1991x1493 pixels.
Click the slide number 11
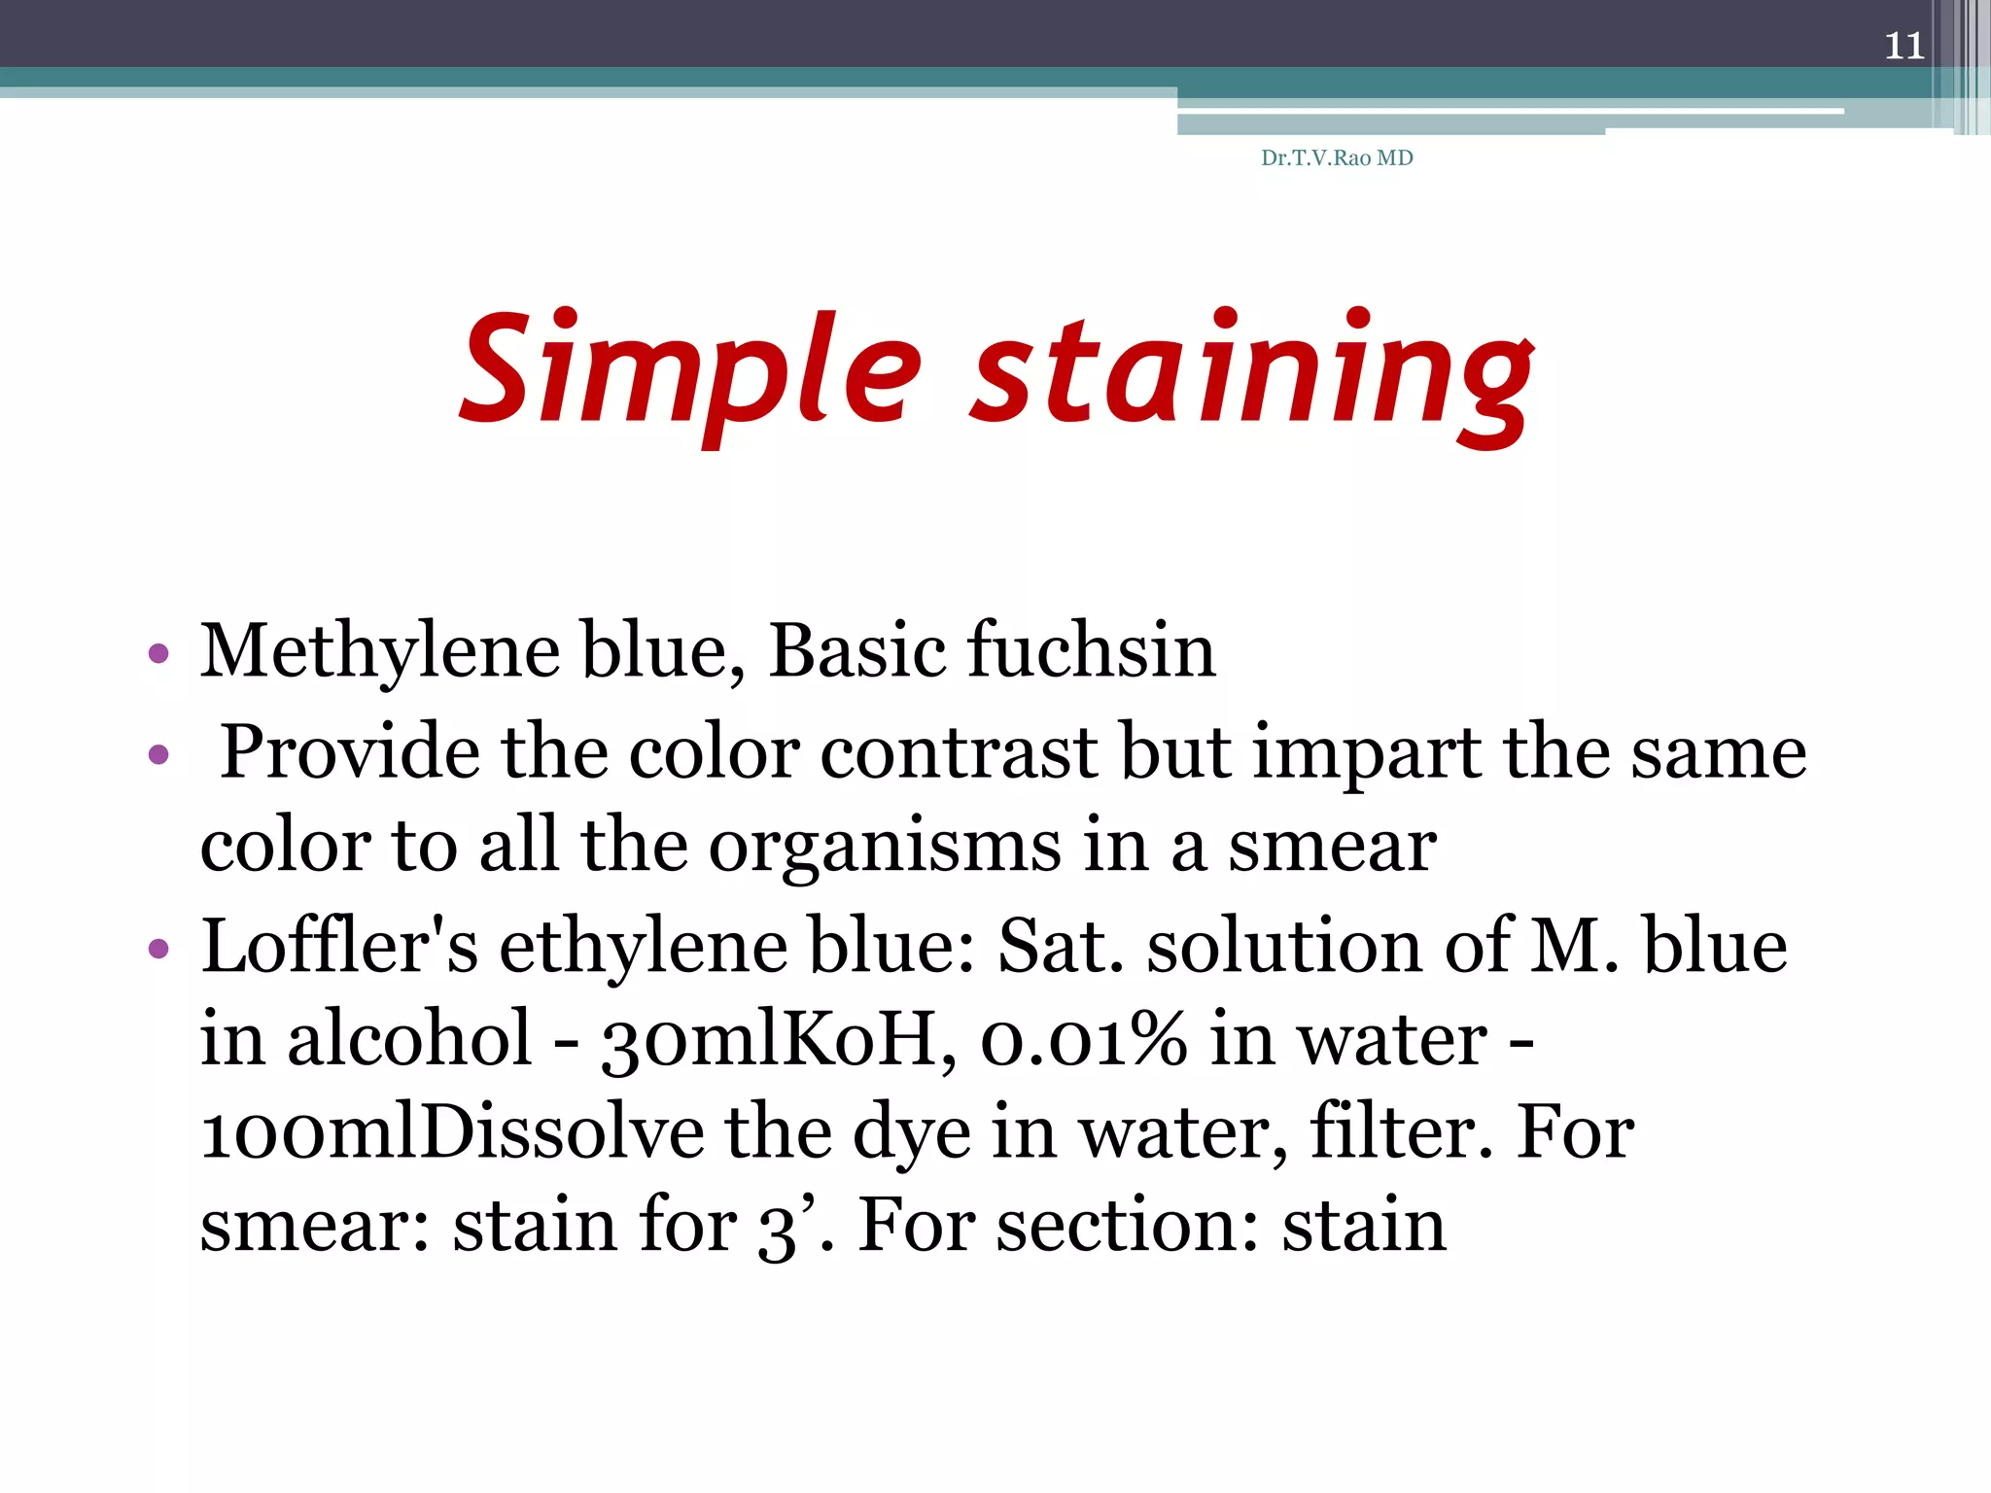point(1904,46)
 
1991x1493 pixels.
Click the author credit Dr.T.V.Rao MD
point(1337,157)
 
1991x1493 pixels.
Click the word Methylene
point(379,652)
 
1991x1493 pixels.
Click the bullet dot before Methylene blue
point(158,653)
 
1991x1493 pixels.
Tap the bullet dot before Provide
point(158,754)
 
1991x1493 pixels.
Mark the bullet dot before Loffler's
point(158,948)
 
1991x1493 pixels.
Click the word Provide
point(350,752)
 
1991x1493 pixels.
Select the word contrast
point(959,752)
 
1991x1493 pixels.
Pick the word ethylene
point(643,948)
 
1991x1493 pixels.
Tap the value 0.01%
point(1084,1039)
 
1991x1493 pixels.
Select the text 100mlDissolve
point(452,1133)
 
